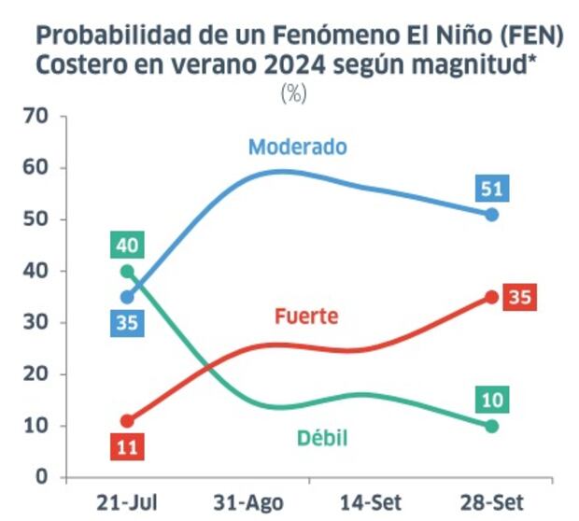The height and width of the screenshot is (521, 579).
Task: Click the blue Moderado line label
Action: [297, 148]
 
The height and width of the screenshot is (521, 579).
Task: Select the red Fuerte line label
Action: [306, 317]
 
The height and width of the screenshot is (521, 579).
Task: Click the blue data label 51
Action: [492, 189]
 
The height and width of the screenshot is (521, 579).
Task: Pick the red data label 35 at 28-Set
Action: [519, 298]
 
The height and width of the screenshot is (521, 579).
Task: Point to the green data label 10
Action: [492, 401]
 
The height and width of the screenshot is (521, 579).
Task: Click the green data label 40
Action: [127, 246]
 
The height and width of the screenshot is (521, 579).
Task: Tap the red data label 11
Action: [127, 446]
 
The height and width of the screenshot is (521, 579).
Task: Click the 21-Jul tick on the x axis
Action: [126, 502]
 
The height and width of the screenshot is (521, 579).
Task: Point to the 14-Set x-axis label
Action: [370, 502]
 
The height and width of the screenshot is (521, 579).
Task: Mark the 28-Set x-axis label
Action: [491, 502]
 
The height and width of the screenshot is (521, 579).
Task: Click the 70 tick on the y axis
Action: [36, 117]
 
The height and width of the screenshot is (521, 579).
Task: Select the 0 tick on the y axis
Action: [42, 477]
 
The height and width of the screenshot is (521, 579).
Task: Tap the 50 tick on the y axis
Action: [36, 219]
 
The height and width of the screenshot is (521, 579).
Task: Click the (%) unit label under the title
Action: [292, 93]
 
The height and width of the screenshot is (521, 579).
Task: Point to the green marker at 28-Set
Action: [492, 426]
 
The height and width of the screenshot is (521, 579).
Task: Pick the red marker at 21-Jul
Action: [127, 421]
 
